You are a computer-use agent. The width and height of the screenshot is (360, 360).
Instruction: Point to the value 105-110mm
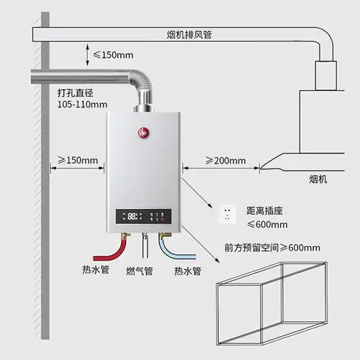(81, 105)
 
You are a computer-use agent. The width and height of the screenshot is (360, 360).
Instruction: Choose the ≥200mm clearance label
(225, 160)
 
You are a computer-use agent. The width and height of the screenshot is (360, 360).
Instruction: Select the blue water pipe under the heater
(180, 252)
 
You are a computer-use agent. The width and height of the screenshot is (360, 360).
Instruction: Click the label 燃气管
(139, 271)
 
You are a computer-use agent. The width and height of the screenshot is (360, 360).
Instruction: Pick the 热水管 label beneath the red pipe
(96, 271)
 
